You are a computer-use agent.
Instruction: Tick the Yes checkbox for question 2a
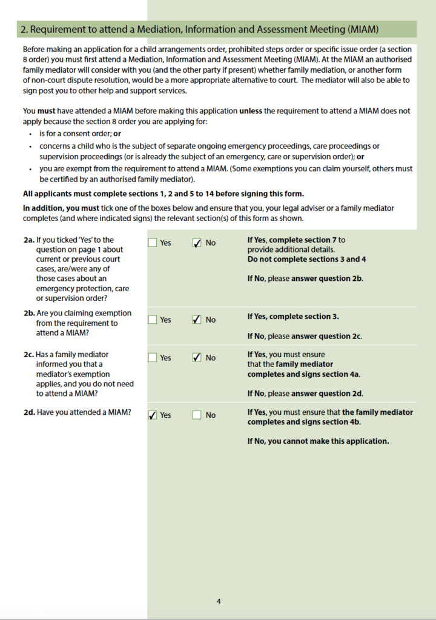(153, 243)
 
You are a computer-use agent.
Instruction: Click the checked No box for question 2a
(197, 243)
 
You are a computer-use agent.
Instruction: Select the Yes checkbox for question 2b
(153, 320)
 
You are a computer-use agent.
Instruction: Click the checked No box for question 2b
(197, 320)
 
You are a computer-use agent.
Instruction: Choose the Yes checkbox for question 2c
(153, 358)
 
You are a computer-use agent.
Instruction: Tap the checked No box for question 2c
(197, 358)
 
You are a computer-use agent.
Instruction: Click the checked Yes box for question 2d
(153, 415)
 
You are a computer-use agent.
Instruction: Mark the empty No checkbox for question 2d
(197, 415)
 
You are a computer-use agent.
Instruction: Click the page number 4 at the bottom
(219, 601)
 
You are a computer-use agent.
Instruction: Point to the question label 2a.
(28, 240)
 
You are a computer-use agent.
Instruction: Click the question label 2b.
(29, 313)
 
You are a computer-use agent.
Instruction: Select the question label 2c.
(28, 354)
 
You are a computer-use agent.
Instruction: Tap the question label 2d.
(29, 412)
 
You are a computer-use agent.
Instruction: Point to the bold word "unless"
(251, 111)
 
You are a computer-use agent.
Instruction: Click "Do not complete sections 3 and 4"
(306, 259)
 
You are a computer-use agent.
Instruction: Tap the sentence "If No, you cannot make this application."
(318, 441)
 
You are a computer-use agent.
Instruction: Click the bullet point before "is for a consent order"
(30, 133)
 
